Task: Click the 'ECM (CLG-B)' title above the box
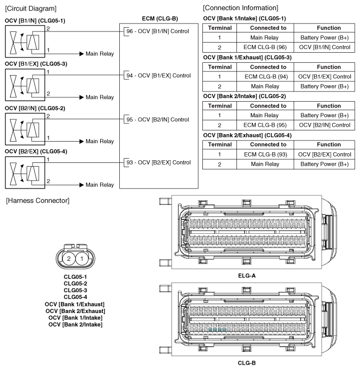(156, 19)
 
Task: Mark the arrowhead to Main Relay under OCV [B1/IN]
(81, 54)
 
